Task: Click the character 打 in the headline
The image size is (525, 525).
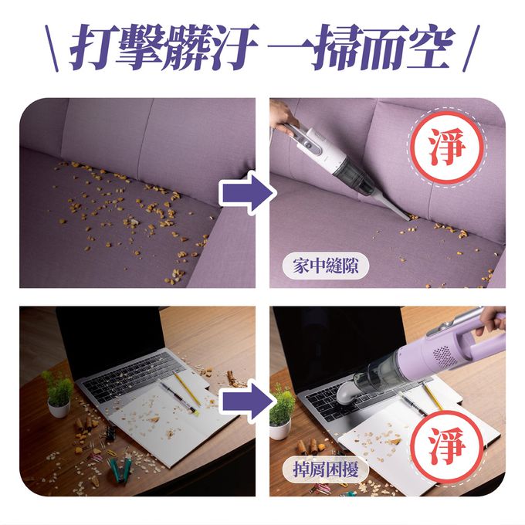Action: click(x=92, y=47)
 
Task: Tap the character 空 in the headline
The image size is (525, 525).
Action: click(x=429, y=47)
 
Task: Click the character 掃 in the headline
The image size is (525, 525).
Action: click(x=337, y=47)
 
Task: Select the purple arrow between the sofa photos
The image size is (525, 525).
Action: click(x=247, y=192)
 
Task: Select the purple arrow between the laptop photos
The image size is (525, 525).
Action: click(x=247, y=401)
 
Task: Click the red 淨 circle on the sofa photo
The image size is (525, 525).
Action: click(x=447, y=147)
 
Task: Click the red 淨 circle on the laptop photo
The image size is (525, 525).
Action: click(x=447, y=446)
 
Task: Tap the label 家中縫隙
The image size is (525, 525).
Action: click(x=326, y=266)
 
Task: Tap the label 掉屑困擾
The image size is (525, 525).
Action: click(x=326, y=469)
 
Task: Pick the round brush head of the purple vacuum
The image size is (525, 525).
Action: click(x=347, y=394)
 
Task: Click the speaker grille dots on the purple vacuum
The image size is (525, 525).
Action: click(x=445, y=356)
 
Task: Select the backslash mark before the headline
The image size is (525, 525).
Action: click(x=52, y=48)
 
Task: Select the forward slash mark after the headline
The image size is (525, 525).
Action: click(x=471, y=48)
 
